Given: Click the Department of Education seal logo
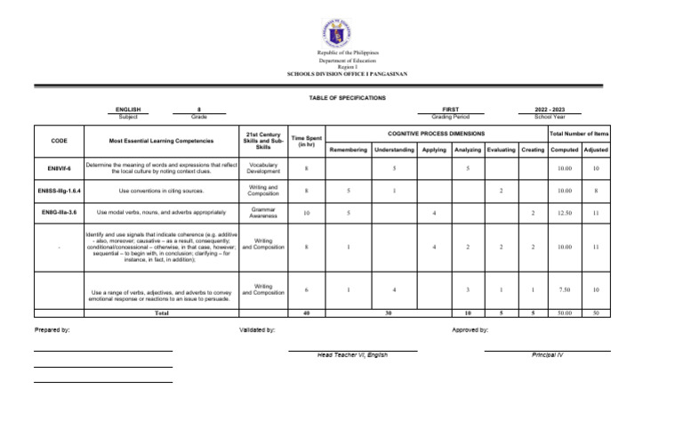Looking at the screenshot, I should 341,33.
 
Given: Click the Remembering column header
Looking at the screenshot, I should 349,150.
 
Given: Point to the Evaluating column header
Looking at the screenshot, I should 502,150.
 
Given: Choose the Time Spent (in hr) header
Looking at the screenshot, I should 306,141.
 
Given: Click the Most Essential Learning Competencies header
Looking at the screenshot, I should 161,141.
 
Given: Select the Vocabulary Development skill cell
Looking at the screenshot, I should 263,167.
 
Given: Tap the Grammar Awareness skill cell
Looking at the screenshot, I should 263,213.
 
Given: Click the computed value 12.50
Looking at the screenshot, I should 564,213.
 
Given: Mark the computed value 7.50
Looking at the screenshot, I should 564,289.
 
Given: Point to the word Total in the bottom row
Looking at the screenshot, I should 161,314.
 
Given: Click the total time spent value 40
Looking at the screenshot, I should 306,314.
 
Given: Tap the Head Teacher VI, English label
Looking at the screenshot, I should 352,354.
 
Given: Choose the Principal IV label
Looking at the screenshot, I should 547,354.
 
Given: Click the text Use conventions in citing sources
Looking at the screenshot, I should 161,191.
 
